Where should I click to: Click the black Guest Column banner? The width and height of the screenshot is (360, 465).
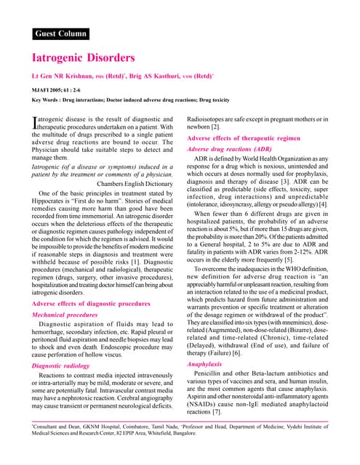60,33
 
